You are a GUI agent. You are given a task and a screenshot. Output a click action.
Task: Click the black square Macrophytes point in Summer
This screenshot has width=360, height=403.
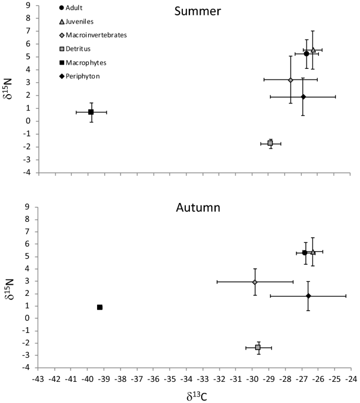coord(91,112)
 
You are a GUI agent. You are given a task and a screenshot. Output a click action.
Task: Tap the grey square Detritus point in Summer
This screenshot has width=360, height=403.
coord(270,143)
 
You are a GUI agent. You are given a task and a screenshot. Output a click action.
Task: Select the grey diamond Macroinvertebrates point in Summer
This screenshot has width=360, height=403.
coord(291,80)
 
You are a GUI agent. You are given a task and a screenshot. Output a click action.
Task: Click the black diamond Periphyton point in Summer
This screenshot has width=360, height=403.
coord(303,96)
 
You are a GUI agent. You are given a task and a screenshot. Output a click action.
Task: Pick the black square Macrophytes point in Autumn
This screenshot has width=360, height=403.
coord(99,307)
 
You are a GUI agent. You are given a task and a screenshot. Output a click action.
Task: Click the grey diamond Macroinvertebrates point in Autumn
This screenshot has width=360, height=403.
coord(255,282)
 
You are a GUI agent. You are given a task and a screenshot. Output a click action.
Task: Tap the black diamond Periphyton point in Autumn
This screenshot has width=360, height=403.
coord(308,296)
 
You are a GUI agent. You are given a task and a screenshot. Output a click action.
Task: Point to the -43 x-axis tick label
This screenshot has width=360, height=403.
coord(39,379)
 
